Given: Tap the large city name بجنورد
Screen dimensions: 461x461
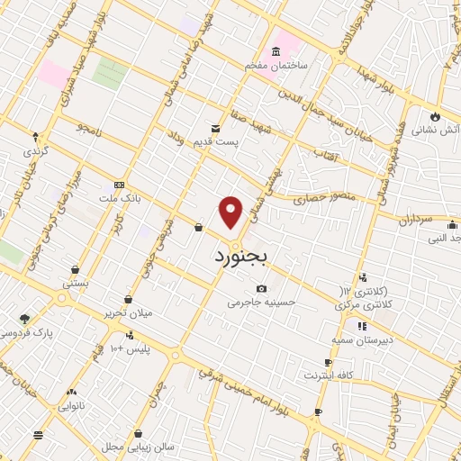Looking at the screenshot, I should (x=241, y=257).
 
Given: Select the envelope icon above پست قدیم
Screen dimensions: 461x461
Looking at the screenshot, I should (x=214, y=128).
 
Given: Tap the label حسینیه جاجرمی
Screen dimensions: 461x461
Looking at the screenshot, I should (x=261, y=303).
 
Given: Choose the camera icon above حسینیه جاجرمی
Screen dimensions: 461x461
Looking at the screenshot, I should (x=261, y=288).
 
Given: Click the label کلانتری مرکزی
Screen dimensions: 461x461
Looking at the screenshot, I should (x=371, y=306).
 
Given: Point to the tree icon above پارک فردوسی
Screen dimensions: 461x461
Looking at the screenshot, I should (x=24, y=319).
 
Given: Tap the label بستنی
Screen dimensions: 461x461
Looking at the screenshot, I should (x=75, y=283).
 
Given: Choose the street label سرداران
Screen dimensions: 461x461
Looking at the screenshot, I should (x=415, y=219).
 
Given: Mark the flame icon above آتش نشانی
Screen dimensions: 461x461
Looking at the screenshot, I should (x=435, y=116).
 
